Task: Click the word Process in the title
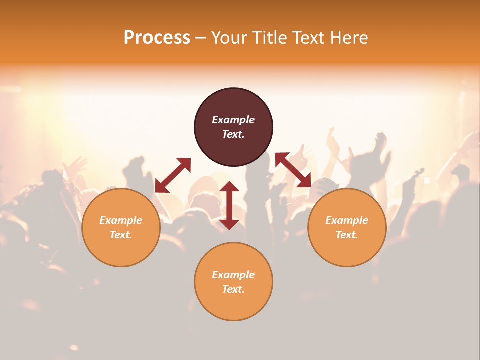(x=157, y=38)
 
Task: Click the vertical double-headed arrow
(x=229, y=205)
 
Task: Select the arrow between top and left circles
(x=173, y=175)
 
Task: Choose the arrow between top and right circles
(x=293, y=170)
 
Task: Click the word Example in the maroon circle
(x=233, y=120)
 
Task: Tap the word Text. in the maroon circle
(x=233, y=134)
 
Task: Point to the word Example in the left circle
(x=121, y=220)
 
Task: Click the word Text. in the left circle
(x=121, y=235)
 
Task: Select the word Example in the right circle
(x=347, y=220)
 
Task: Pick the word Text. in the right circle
(x=347, y=235)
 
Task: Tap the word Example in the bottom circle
(x=233, y=275)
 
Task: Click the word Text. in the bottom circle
(x=233, y=289)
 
